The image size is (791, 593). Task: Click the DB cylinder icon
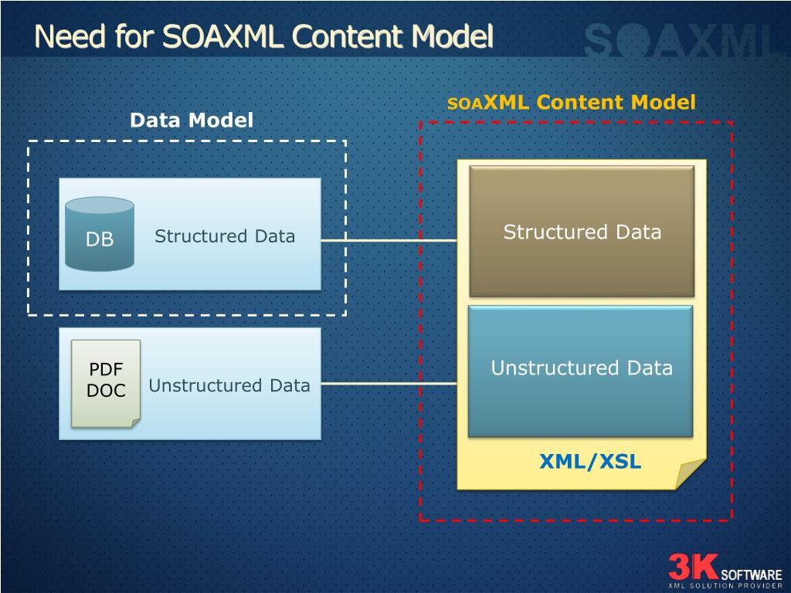[100, 235]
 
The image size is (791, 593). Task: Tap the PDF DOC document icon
[106, 382]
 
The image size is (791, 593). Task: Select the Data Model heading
[191, 120]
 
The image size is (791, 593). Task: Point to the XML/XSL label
[590, 462]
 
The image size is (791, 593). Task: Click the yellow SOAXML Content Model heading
[572, 103]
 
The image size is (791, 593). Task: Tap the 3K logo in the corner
[693, 567]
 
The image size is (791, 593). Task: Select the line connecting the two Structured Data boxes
[389, 240]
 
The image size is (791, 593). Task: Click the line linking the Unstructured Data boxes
[389, 383]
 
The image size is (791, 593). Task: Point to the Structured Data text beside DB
[224, 236]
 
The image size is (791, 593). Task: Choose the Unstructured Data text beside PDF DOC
[229, 385]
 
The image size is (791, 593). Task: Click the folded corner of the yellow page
[691, 473]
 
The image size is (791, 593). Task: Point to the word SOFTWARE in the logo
[751, 575]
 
